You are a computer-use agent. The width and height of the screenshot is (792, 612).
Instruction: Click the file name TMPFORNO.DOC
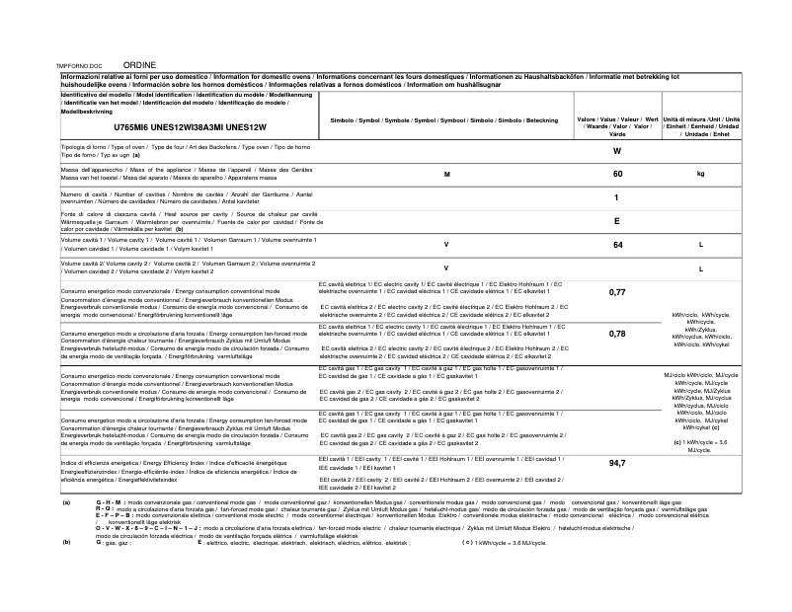(x=81, y=64)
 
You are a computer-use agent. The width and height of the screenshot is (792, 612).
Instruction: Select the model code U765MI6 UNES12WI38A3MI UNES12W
(x=190, y=128)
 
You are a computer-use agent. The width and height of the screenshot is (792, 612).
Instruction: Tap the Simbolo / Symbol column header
(x=445, y=119)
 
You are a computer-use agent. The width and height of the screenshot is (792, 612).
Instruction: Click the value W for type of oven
(x=617, y=151)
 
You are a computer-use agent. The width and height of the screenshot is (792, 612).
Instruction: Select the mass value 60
(x=617, y=174)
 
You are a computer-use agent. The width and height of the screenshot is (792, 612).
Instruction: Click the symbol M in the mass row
(x=446, y=174)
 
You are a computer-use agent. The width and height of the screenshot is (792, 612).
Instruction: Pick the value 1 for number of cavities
(x=617, y=197)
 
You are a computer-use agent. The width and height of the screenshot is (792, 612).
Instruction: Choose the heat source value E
(x=617, y=221)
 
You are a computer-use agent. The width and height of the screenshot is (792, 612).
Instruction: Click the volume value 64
(x=617, y=245)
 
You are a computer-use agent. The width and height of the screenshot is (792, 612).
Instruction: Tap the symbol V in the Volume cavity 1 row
(x=446, y=245)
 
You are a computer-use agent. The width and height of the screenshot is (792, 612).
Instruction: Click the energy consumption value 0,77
(x=617, y=293)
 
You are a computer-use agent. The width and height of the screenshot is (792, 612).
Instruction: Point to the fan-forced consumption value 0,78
(x=617, y=334)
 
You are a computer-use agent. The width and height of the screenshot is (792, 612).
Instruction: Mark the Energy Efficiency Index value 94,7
(x=617, y=463)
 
